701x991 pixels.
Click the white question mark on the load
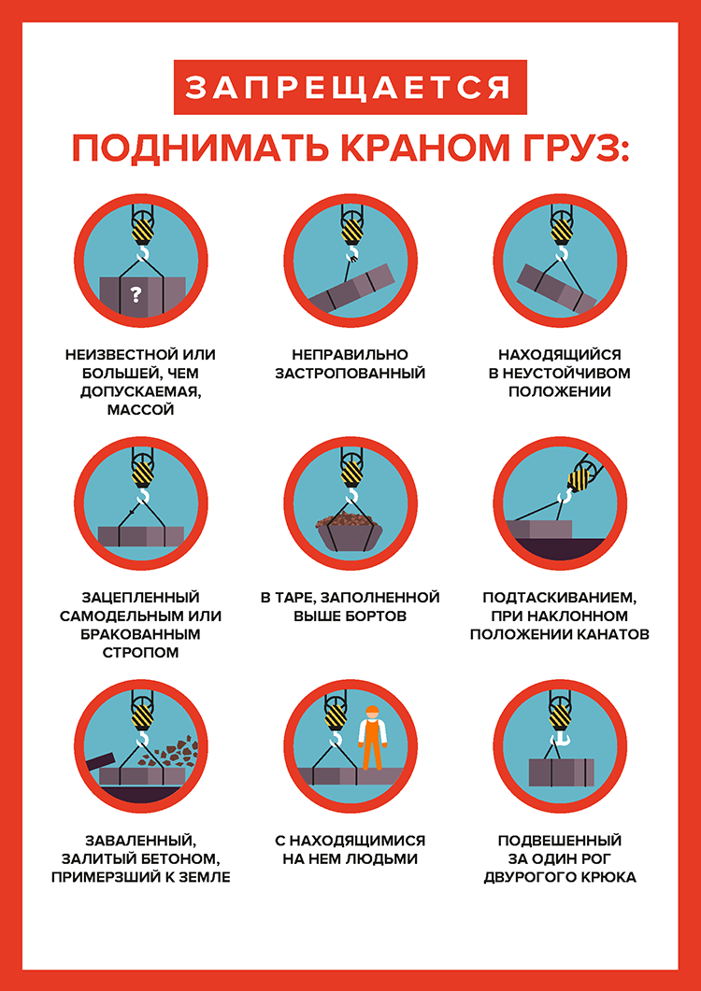click(135, 293)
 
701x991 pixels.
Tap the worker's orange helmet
click(373, 709)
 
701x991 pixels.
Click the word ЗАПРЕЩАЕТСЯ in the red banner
click(350, 87)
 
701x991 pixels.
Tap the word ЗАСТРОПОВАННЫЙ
click(350, 373)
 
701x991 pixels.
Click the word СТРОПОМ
click(140, 652)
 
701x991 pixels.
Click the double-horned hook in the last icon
click(559, 736)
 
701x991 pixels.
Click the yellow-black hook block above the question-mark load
click(142, 232)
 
